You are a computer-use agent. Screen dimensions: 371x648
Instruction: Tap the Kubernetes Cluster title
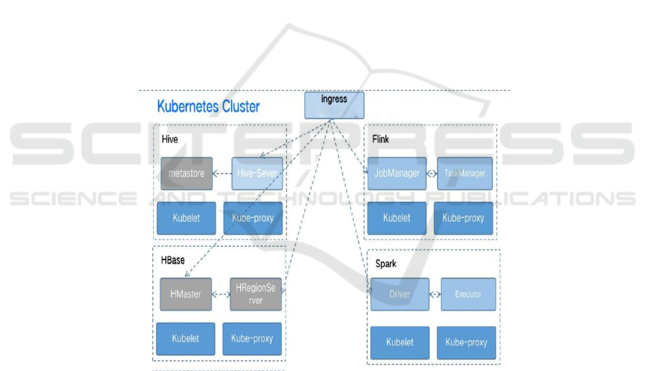tap(209, 107)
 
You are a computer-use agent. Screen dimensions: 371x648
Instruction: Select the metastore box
tap(186, 173)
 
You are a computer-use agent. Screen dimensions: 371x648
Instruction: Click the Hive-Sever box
tap(257, 173)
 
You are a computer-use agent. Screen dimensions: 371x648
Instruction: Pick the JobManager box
tap(397, 173)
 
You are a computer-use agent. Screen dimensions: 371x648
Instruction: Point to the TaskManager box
tap(465, 173)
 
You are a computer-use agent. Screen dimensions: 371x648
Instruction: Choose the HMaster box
tap(186, 294)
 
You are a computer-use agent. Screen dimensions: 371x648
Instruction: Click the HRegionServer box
tap(256, 294)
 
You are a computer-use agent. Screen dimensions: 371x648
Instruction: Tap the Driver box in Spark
tap(399, 294)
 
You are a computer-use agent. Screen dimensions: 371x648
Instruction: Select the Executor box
tap(467, 294)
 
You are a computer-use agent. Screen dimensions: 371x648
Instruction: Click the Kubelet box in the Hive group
tap(186, 218)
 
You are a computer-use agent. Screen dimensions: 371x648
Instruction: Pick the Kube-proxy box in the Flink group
tap(463, 218)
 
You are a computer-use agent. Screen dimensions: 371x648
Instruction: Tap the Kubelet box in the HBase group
tap(185, 338)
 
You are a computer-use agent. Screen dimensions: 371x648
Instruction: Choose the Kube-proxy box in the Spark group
tap(467, 343)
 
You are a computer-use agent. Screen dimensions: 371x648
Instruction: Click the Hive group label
tap(170, 137)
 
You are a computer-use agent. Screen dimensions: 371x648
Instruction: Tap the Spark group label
tap(385, 264)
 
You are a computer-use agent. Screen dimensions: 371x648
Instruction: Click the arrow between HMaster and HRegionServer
tap(221, 294)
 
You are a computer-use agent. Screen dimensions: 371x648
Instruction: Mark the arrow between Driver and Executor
tap(435, 294)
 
